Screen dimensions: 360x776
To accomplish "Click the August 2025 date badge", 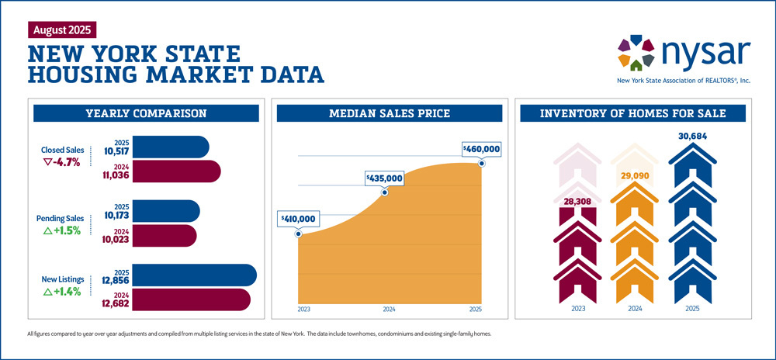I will pyautogui.click(x=62, y=30).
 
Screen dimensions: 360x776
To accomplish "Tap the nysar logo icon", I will pyautogui.click(x=636, y=51).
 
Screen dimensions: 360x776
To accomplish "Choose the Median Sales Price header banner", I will pyautogui.click(x=390, y=114).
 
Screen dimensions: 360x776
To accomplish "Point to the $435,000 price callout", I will pyautogui.click(x=384, y=178).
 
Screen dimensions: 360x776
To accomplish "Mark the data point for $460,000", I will pyautogui.click(x=482, y=162).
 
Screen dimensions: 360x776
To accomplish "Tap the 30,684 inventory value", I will pyautogui.click(x=692, y=137).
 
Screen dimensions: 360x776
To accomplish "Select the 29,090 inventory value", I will pyautogui.click(x=633, y=176).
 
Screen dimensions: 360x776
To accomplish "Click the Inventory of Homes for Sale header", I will pyautogui.click(x=633, y=114).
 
